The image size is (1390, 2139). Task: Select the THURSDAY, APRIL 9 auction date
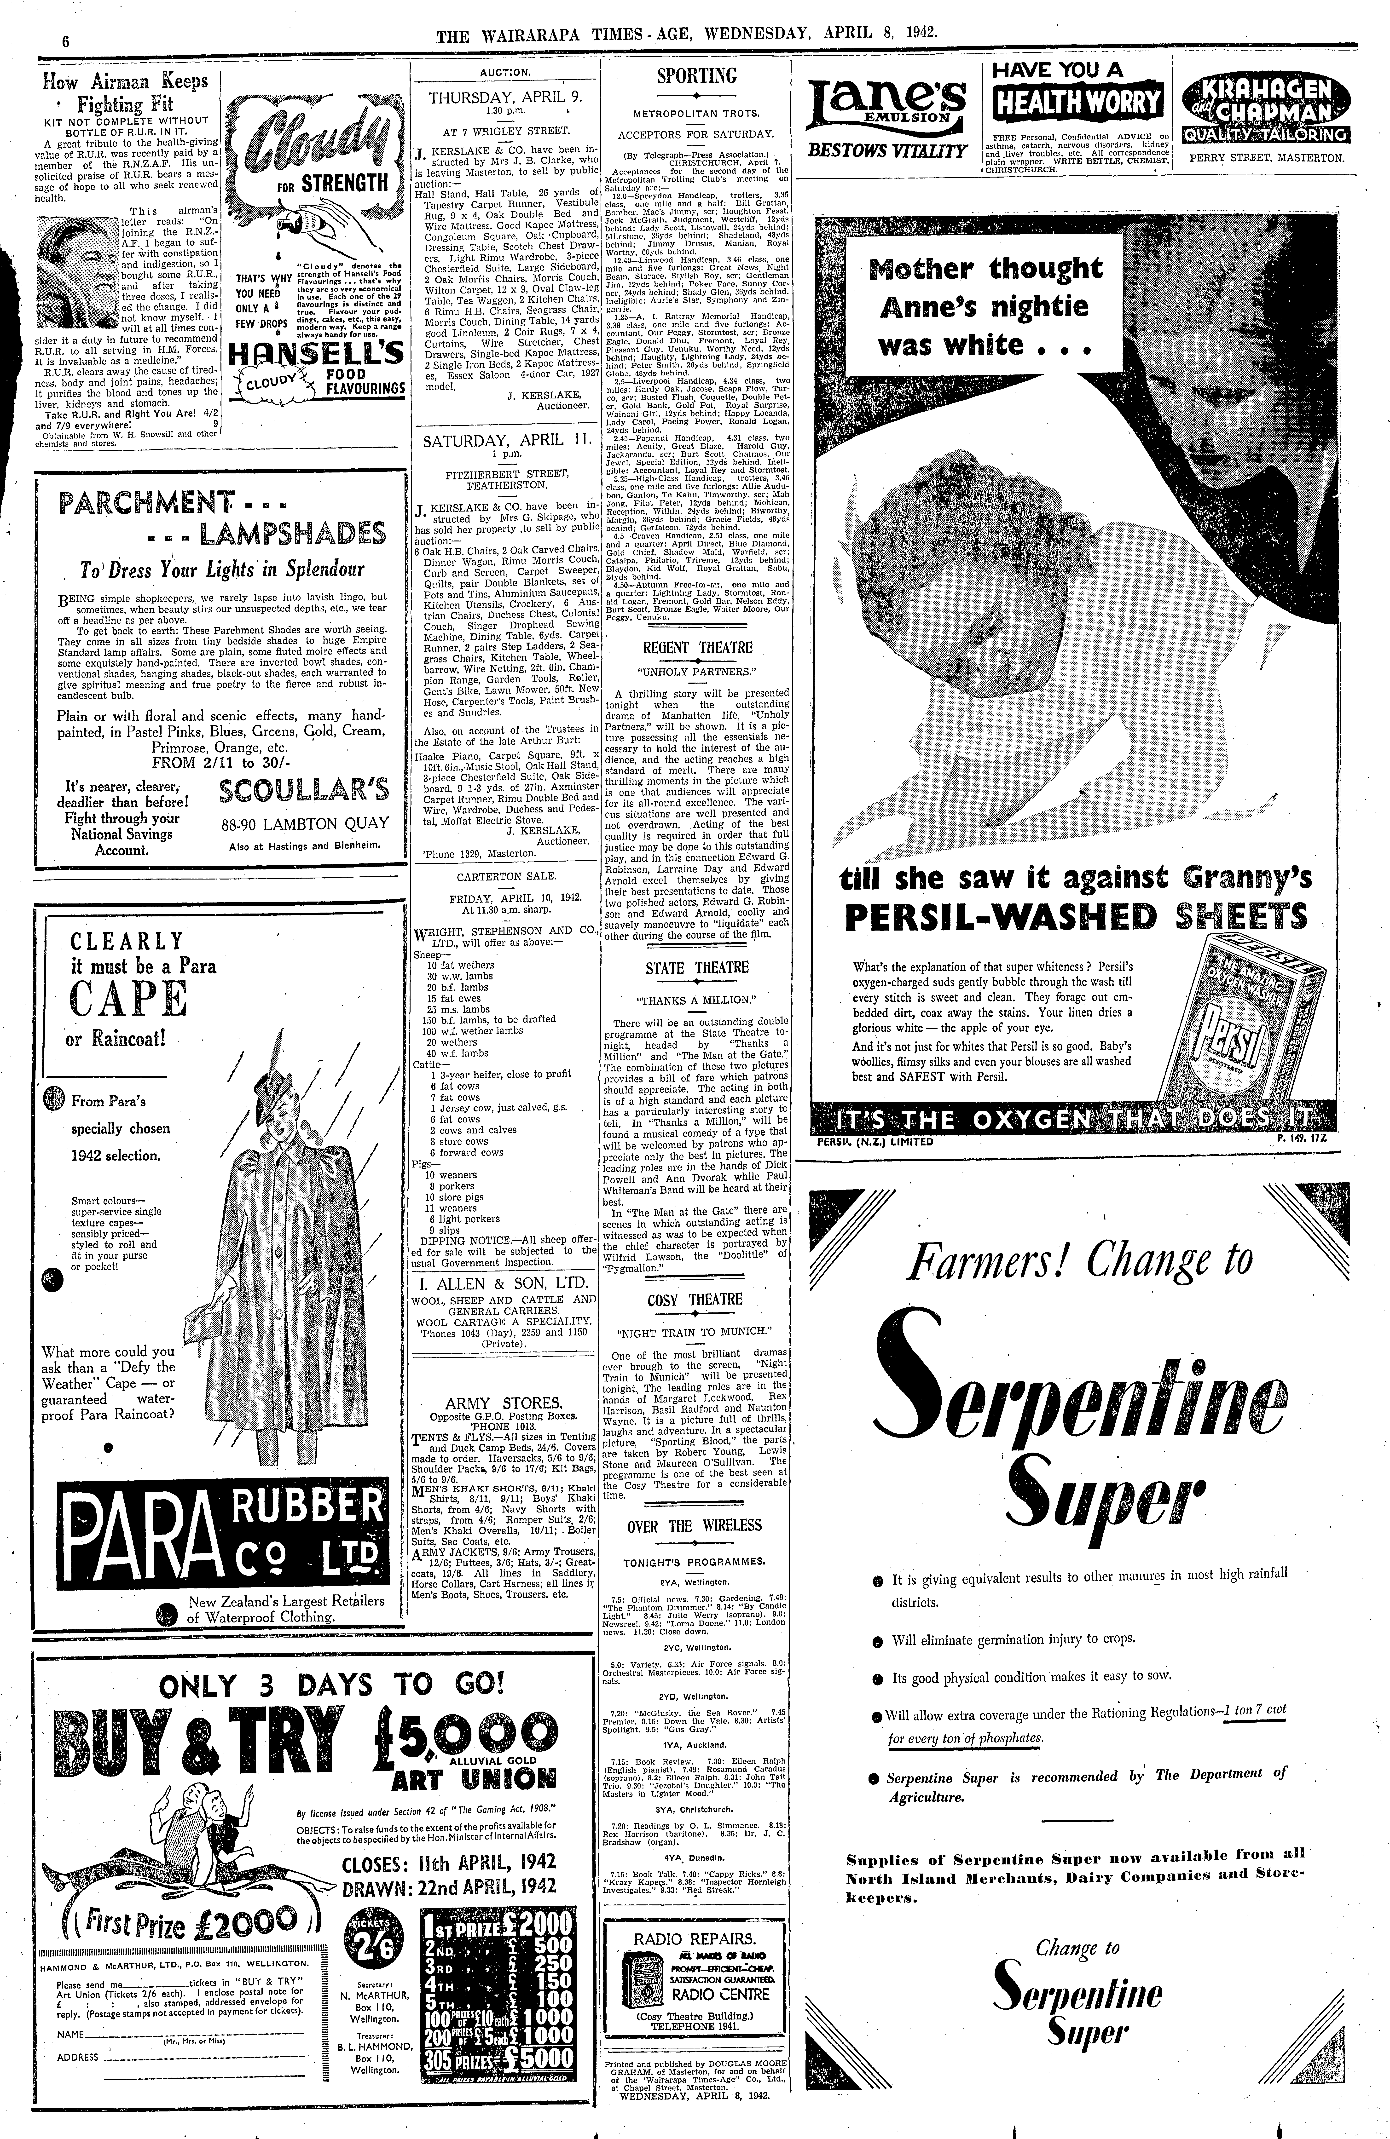coord(505,98)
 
